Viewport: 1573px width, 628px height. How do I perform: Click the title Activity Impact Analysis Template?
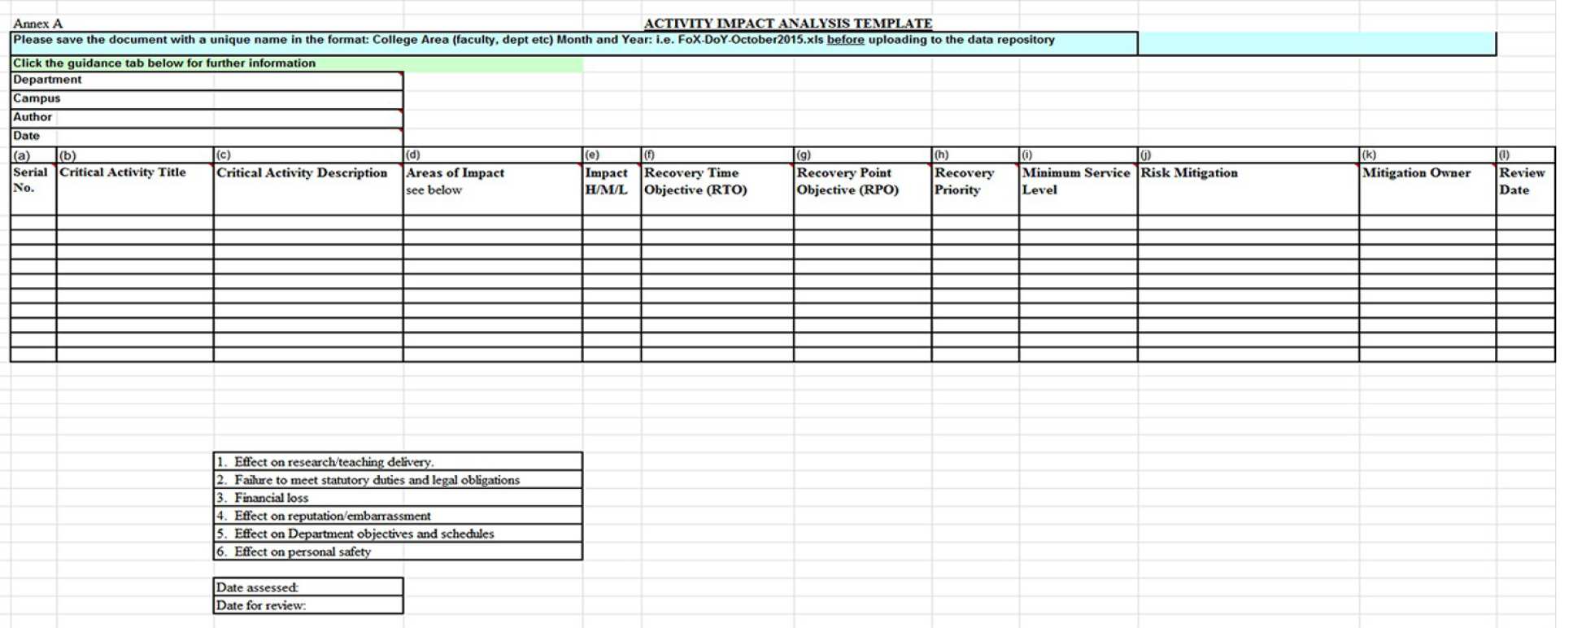pos(787,24)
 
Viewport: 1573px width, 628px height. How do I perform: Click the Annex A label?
pos(37,24)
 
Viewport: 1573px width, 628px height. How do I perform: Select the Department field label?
pos(47,80)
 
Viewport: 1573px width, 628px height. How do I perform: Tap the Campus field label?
pos(37,98)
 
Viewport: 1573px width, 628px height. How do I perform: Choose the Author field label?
pos(33,117)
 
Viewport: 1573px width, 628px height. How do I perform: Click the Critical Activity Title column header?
pos(123,172)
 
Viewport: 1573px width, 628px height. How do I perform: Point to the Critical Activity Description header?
pos(302,173)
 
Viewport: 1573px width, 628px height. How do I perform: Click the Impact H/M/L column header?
pos(607,181)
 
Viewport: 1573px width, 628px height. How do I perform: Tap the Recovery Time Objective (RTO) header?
pos(695,181)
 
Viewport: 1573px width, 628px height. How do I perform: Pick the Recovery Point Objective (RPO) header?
pos(848,181)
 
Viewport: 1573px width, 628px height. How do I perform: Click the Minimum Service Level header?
pos(1075,181)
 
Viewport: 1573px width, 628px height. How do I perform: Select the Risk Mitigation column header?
pos(1189,173)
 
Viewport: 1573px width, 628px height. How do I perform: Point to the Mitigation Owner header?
pos(1416,173)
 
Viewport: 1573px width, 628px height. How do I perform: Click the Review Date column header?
pos(1521,181)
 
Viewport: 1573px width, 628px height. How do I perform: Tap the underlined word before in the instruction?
pos(845,40)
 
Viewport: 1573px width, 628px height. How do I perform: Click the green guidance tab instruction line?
pos(164,63)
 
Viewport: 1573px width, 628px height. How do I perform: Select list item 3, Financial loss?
pos(271,498)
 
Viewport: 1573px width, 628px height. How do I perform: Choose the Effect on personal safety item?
pos(302,552)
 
